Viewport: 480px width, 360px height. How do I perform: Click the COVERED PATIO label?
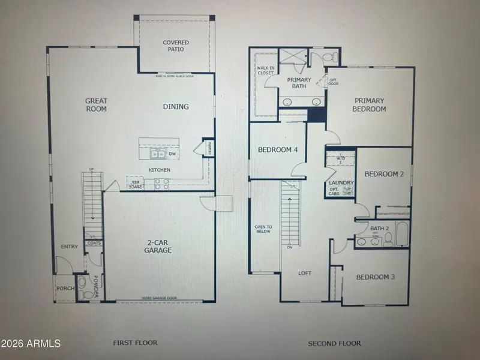tap(176, 46)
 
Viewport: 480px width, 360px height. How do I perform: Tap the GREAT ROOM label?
tap(95, 106)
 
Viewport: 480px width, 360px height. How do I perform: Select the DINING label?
tap(176, 107)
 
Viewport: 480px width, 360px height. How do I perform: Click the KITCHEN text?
tap(160, 170)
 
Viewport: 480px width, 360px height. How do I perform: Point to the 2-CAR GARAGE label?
tap(159, 246)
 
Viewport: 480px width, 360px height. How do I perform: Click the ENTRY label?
tap(70, 247)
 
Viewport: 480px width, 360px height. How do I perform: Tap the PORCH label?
tap(65, 289)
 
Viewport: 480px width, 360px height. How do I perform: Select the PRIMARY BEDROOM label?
tap(370, 105)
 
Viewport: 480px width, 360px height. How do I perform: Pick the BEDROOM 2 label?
tap(384, 174)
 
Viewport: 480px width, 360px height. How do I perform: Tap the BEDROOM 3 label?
tap(376, 277)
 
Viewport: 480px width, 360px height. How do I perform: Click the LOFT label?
tap(305, 273)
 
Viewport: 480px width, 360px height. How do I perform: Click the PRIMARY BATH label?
tap(299, 83)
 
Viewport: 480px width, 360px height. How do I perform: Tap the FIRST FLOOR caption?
tap(135, 343)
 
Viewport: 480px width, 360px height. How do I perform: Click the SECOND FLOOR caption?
tap(334, 343)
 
